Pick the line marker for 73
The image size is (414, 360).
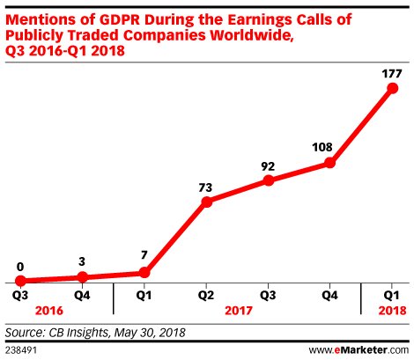pyautogui.click(x=207, y=202)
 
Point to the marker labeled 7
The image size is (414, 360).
pyautogui.click(x=145, y=273)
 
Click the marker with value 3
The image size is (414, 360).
pyautogui.click(x=83, y=277)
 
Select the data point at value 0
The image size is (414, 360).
pyautogui.click(x=20, y=281)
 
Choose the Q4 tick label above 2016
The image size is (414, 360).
pyautogui.click(x=83, y=297)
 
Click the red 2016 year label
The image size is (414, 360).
pyautogui.click(x=51, y=312)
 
